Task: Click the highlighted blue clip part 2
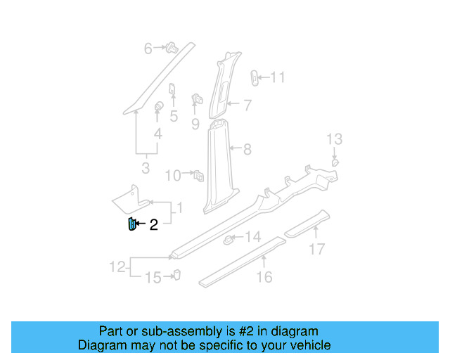point(130,224)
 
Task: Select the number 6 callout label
point(148,49)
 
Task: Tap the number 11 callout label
point(278,77)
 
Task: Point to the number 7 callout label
point(247,105)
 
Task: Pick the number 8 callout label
point(247,149)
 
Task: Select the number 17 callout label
point(317,248)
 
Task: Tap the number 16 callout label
point(264,277)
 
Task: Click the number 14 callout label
point(252,237)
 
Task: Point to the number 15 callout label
point(153,278)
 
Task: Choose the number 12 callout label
point(117,266)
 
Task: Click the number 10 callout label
point(173,174)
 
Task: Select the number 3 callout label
point(146,169)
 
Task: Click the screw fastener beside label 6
point(170,48)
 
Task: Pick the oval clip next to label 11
point(256,77)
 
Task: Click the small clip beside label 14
point(229,240)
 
